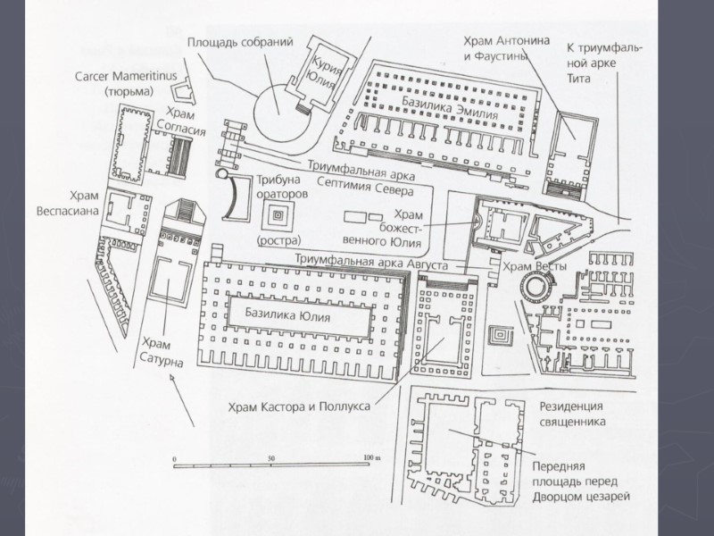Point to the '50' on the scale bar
[x=271, y=456]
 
